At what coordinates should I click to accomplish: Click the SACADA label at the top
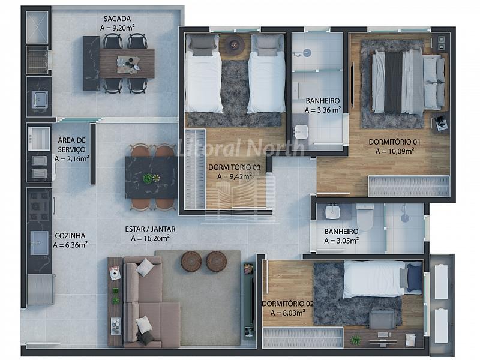(117, 19)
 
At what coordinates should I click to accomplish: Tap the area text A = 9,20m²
(117, 28)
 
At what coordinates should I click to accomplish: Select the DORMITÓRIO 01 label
(394, 142)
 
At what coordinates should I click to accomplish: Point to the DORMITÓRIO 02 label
(288, 304)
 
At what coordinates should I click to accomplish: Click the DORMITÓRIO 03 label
(234, 167)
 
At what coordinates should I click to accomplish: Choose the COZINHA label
(70, 236)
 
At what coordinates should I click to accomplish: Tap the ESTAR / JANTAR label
(150, 229)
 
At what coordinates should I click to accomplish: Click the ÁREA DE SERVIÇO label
(71, 145)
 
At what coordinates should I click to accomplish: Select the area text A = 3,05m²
(341, 241)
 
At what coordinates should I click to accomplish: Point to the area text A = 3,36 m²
(323, 110)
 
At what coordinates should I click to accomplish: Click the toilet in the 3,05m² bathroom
(365, 217)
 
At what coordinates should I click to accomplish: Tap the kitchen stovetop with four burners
(39, 206)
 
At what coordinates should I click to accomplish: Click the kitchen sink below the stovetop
(40, 243)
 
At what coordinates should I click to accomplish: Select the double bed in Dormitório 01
(408, 82)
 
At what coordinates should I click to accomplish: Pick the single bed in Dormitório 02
(383, 278)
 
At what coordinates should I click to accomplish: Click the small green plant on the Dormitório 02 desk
(355, 339)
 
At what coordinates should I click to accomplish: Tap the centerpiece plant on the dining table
(148, 178)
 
